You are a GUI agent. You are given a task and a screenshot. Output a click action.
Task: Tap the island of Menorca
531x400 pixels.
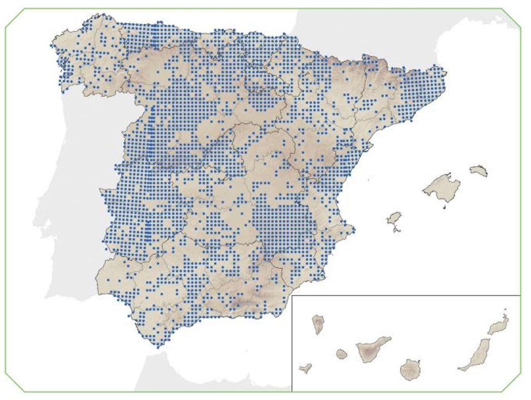point(479,171)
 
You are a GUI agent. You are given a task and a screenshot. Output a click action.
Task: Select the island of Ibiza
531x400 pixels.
point(394,219)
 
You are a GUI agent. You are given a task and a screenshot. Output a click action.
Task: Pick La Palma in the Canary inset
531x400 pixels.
point(318,323)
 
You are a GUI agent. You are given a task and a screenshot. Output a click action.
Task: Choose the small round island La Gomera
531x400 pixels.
point(341,354)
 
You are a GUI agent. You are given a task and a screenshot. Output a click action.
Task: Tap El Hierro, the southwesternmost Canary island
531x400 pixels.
point(305,368)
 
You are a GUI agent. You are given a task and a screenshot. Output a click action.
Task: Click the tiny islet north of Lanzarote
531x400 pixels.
point(505,310)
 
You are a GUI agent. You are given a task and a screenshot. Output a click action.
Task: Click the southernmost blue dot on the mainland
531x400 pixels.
point(158,347)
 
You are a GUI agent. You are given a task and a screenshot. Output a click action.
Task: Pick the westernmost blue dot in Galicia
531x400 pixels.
point(51,45)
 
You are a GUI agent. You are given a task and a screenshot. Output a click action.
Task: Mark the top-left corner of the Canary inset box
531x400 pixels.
point(292,296)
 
